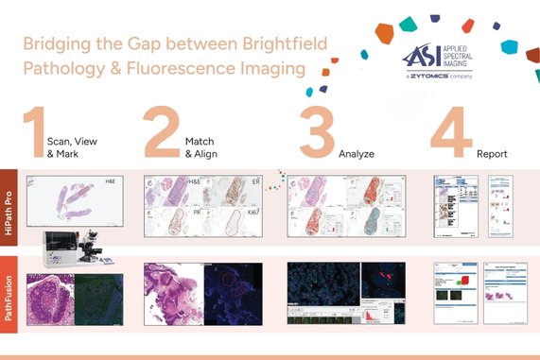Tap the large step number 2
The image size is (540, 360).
[162, 135]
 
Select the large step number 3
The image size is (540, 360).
[316, 135]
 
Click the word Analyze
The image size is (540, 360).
[356, 152]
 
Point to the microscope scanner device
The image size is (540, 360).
[72, 249]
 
